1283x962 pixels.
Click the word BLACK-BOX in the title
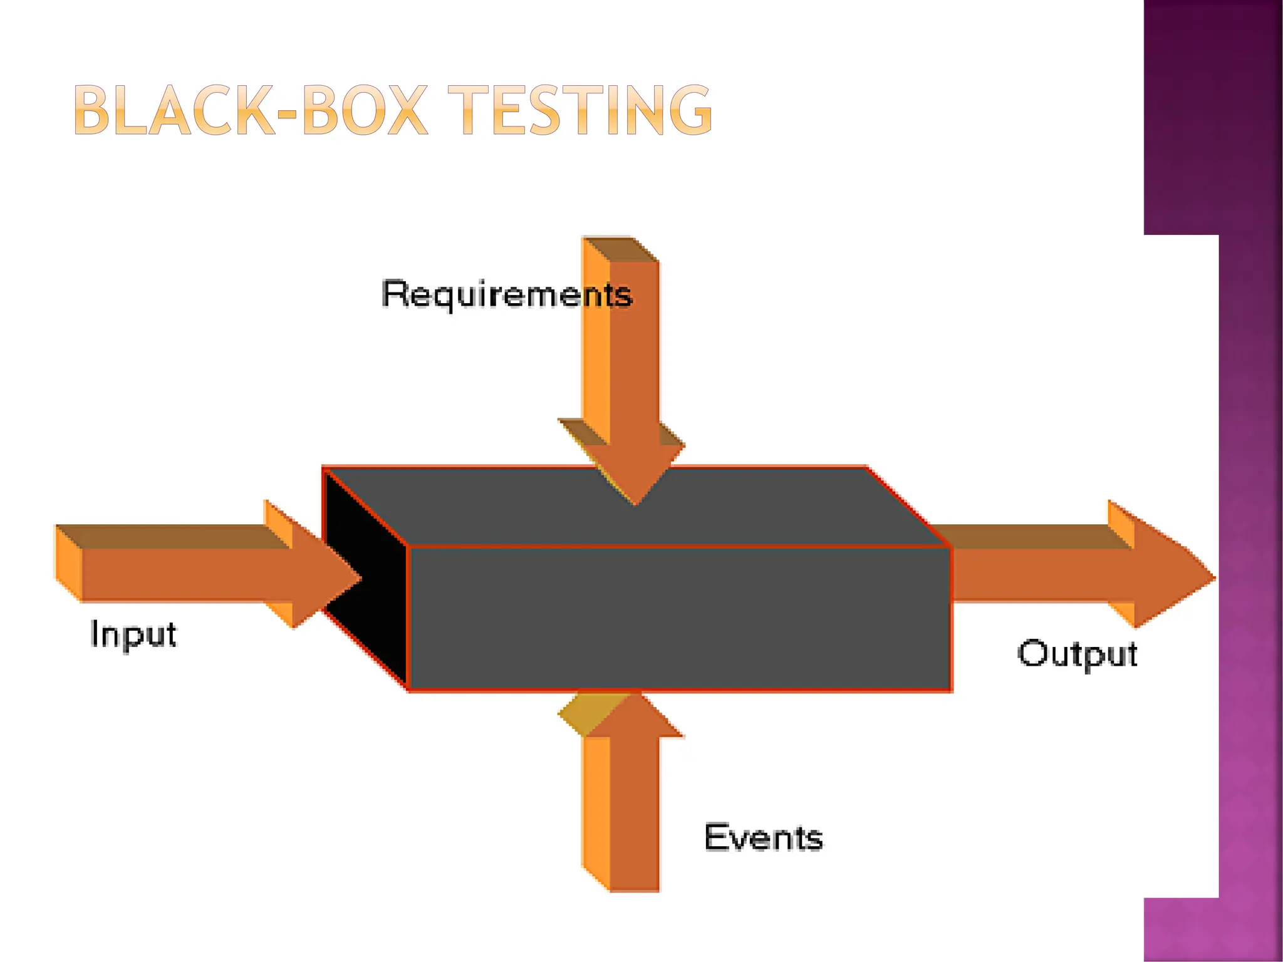point(251,111)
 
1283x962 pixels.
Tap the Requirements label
point(506,294)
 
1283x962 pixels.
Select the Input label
point(133,634)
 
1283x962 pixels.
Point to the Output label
point(1076,654)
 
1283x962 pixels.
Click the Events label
point(763,837)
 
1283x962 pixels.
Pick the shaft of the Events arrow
point(633,814)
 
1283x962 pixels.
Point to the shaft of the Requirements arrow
point(633,351)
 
